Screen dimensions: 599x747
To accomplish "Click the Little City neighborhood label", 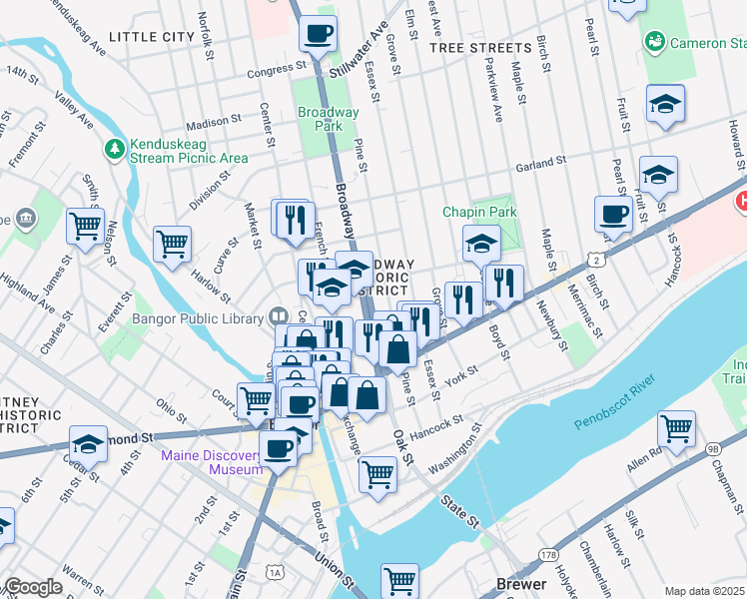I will click(151, 36).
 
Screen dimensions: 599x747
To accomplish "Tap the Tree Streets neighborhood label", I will click(480, 48).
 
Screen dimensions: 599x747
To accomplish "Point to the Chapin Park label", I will click(480, 213).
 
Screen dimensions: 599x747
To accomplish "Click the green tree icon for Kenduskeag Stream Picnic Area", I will click(115, 150).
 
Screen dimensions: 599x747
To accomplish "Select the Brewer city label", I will click(521, 584).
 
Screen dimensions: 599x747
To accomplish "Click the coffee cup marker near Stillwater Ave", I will click(318, 33).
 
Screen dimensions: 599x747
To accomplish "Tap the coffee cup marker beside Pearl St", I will click(612, 213).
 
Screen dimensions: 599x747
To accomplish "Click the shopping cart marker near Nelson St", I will click(86, 225).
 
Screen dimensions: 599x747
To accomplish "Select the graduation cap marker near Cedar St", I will click(88, 443).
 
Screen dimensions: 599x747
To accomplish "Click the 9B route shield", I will click(711, 448).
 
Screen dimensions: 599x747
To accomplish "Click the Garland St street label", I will click(540, 160).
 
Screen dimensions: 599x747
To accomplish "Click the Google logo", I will click(33, 587).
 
